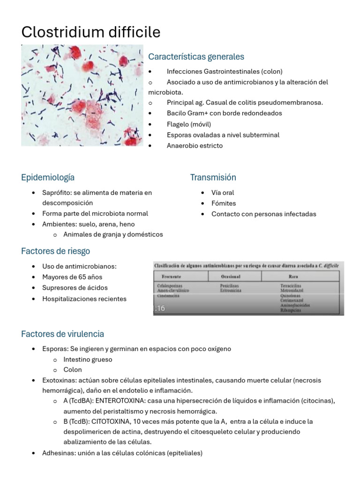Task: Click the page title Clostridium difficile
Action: point(90,32)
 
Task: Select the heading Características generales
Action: point(196,57)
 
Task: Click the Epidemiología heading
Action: point(47,178)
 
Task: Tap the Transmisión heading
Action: point(213,178)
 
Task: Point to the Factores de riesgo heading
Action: point(55,251)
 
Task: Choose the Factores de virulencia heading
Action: point(62,334)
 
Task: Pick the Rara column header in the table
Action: point(293,276)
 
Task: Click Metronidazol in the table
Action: point(292,291)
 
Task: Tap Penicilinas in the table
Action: point(230,285)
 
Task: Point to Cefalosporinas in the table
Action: point(170,285)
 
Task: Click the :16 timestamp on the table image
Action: point(160,308)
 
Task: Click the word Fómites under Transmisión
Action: point(224,203)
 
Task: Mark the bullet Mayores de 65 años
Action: point(72,277)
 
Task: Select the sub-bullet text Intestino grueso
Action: point(88,360)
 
